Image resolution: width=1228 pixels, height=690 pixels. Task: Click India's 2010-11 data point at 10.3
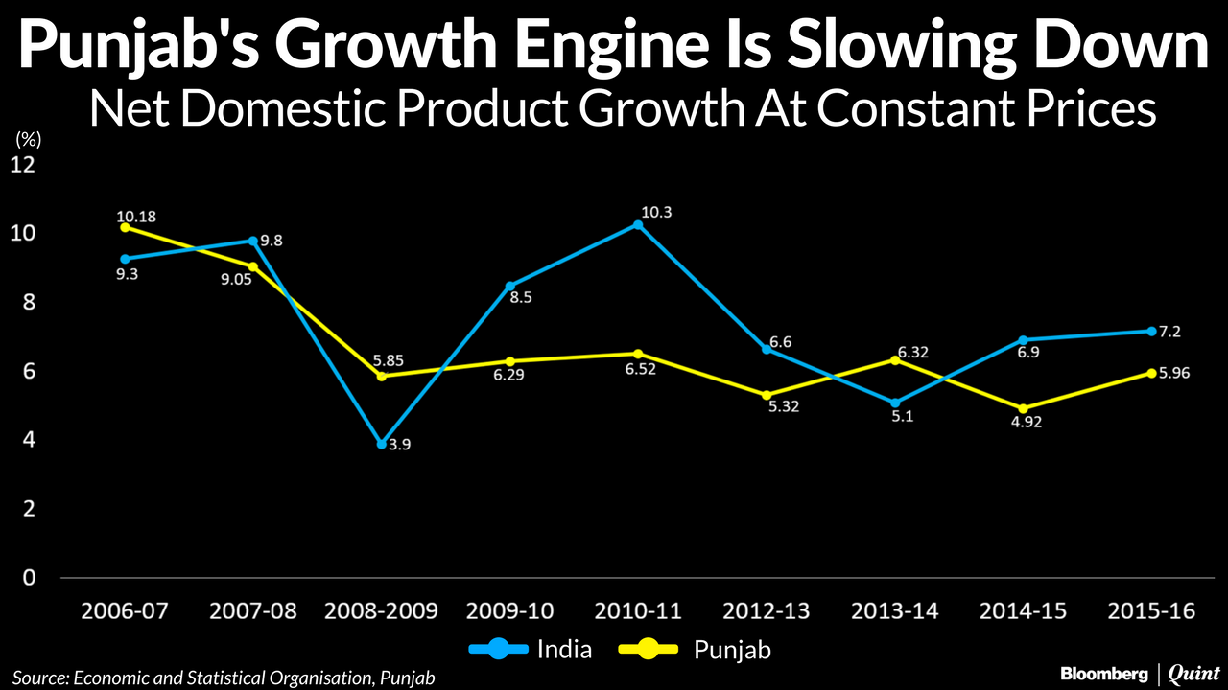[638, 225]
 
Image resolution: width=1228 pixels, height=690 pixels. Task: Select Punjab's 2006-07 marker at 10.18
[125, 227]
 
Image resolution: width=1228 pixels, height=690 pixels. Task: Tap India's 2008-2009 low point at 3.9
[382, 444]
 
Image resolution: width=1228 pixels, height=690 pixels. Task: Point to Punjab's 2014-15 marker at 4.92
[1023, 408]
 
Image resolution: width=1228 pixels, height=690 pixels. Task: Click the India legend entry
[532, 650]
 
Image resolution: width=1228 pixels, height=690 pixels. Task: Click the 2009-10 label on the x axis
[510, 611]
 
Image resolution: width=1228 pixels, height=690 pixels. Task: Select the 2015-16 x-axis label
[1151, 611]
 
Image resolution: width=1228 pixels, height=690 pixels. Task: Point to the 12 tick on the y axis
[22, 165]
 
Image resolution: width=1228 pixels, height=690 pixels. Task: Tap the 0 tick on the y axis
[29, 577]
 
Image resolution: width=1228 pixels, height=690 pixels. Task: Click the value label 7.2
[1169, 332]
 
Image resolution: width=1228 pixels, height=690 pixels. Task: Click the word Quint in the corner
[1193, 674]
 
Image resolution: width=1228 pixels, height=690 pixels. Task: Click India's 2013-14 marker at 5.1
[894, 402]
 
